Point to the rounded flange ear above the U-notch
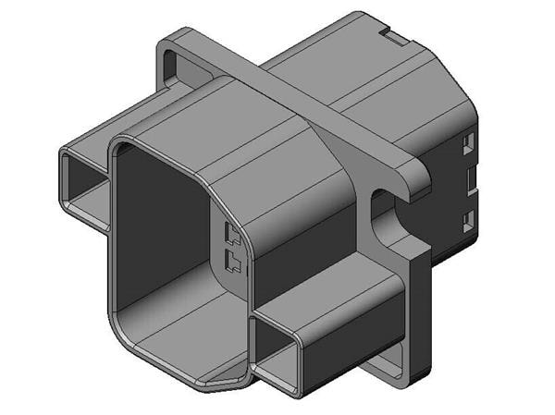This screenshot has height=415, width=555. click(413, 176)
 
